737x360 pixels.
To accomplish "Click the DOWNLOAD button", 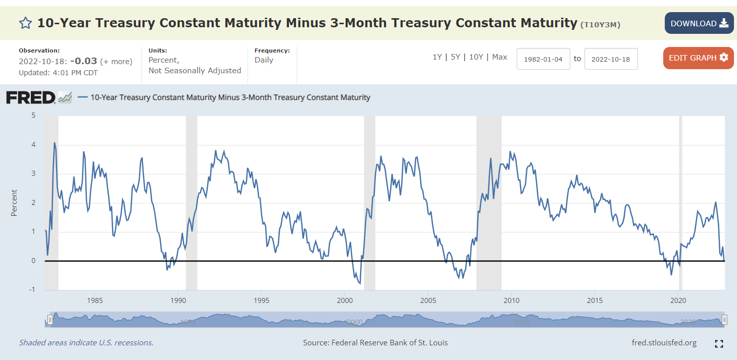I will coord(699,23).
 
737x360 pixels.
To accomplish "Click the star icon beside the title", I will coord(25,23).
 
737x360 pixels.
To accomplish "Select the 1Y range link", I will coord(437,57).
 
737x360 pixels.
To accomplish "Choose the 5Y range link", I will coord(455,57).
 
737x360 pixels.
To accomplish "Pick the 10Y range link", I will coord(476,57).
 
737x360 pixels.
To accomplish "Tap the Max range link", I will coord(500,57).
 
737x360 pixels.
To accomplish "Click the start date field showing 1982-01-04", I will coord(543,59).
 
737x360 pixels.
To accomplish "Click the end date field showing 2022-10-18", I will coord(611,59).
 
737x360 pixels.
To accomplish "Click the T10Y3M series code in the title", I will coord(600,24).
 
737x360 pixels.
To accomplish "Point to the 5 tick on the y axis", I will coord(33,116).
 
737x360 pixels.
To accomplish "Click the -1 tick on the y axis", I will coord(32,290).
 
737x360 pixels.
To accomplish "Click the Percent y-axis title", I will coord(14,203).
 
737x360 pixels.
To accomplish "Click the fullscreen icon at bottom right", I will coord(719,344).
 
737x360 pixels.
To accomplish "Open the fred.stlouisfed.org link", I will coord(664,343).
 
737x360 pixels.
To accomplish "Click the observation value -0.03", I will coord(83,61).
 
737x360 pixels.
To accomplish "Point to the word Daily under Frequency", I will coord(264,60).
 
